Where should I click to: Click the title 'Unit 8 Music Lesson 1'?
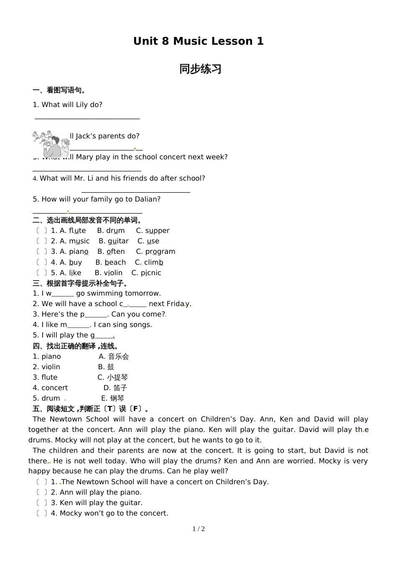coord(198,41)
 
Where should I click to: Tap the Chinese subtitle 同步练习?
coord(200,69)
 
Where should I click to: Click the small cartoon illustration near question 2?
coord(51,144)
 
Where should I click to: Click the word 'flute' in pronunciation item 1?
coord(77,231)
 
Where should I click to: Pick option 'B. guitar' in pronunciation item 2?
coord(114,241)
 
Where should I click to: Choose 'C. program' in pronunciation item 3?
coord(155,252)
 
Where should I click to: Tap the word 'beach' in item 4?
coord(115,263)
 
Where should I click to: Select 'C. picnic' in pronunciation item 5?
coord(146,273)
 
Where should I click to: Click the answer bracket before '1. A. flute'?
coord(41,231)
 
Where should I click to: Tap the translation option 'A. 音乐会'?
coord(114,357)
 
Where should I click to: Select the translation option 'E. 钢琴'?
coord(113,399)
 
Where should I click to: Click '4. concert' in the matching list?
coord(51,388)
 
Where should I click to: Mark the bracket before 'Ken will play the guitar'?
coord(41,503)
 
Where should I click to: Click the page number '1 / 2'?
coord(198,529)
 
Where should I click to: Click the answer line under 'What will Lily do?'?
coord(87,119)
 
